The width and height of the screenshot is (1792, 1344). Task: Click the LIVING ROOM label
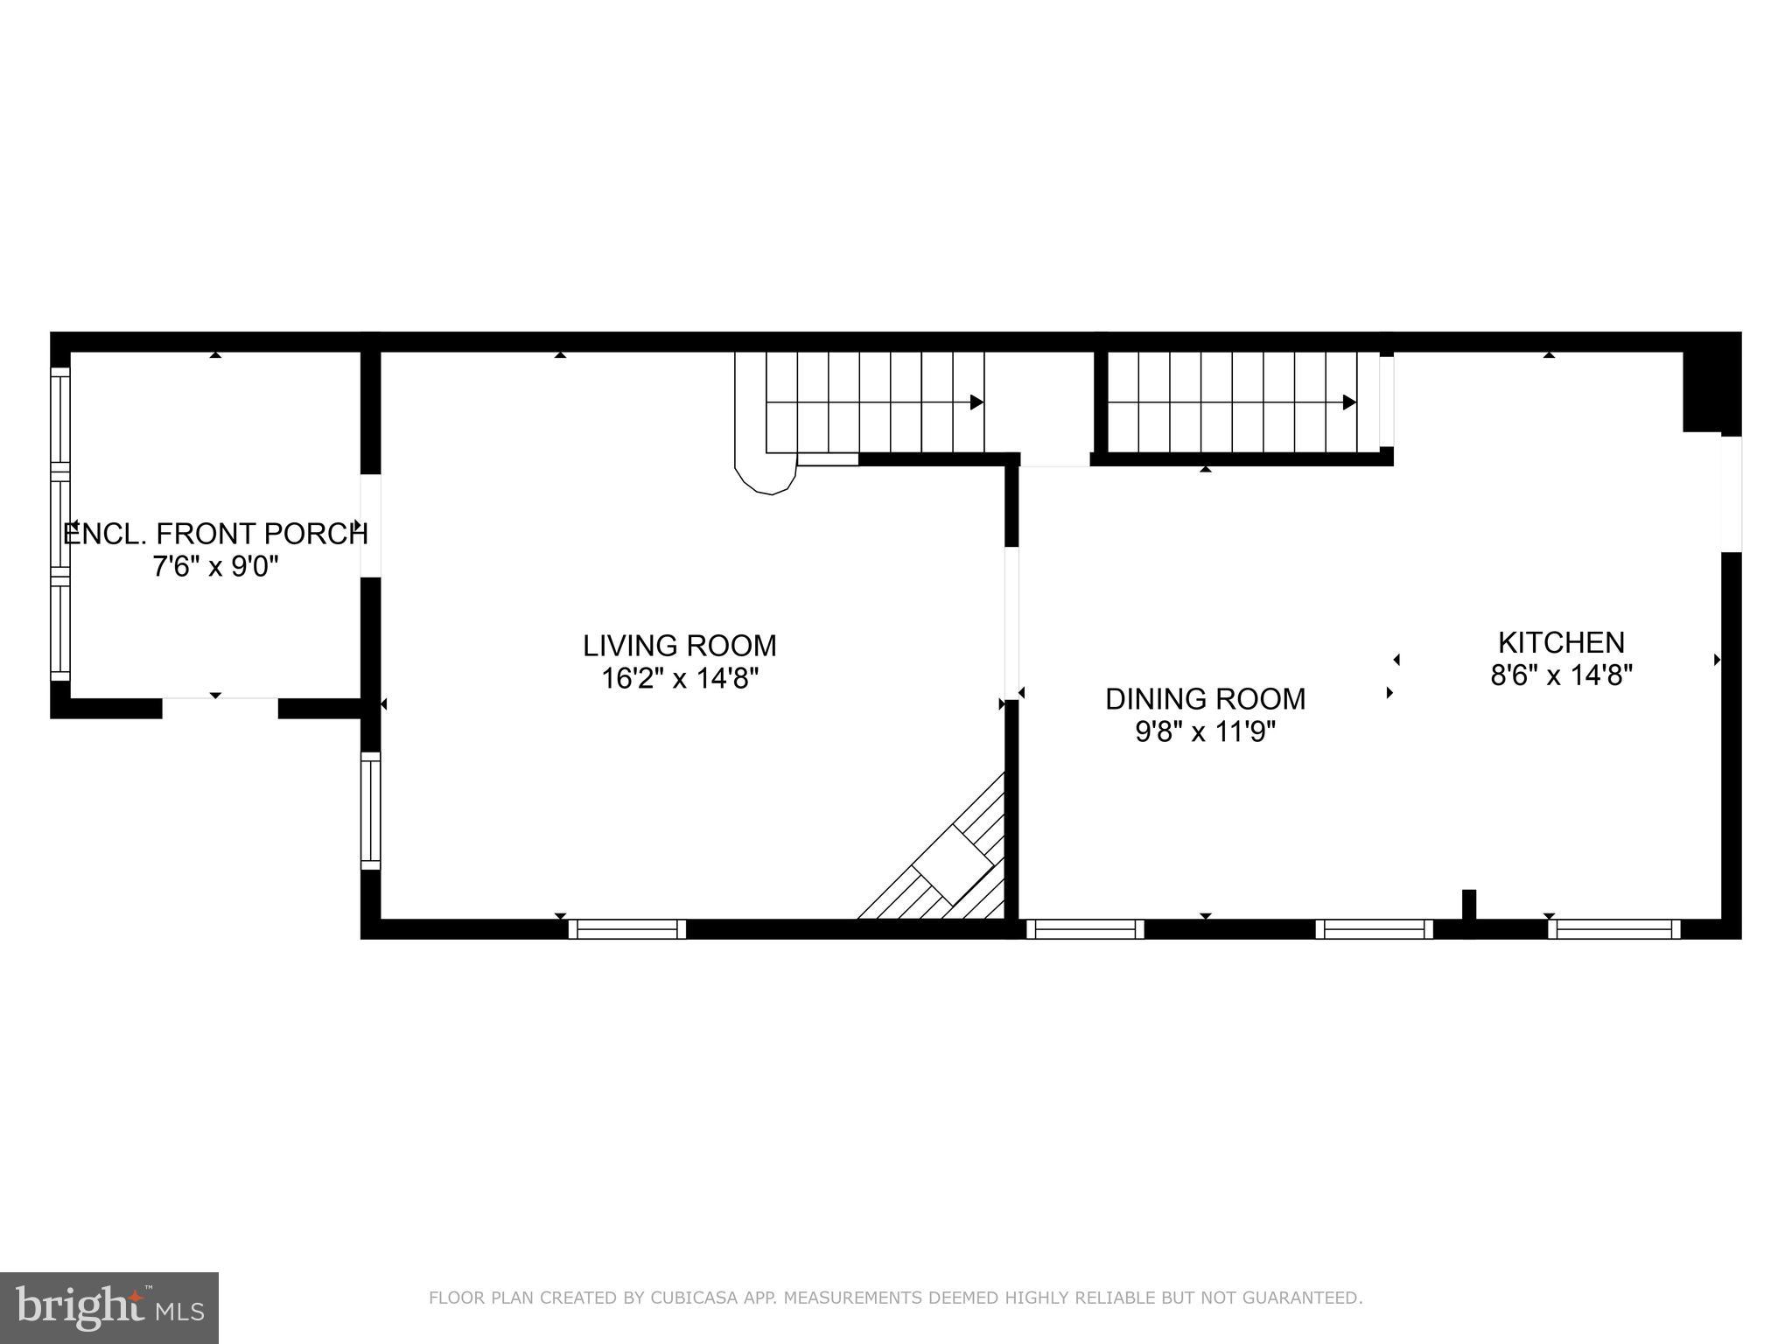(679, 646)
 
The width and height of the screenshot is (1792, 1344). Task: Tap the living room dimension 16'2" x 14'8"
(679, 679)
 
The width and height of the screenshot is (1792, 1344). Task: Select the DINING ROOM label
(1205, 699)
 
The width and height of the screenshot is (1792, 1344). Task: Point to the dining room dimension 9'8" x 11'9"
(1205, 731)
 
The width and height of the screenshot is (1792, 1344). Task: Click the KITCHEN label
(1561, 643)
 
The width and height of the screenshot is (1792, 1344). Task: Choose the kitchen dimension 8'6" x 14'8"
(1561, 675)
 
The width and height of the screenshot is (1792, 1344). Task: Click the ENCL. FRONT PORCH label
(215, 534)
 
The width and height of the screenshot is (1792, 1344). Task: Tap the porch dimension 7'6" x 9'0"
(215, 567)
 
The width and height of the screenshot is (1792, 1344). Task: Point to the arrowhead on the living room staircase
(976, 402)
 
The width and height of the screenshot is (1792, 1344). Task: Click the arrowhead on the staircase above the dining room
(1349, 402)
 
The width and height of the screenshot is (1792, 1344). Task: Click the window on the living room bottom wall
(627, 928)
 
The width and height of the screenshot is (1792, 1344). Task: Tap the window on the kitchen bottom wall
(1614, 928)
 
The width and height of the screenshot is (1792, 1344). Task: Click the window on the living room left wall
(371, 810)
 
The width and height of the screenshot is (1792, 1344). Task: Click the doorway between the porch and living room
(371, 526)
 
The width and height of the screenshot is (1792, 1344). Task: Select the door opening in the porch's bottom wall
(220, 707)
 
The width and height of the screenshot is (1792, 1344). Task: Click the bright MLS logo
(108, 1307)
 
